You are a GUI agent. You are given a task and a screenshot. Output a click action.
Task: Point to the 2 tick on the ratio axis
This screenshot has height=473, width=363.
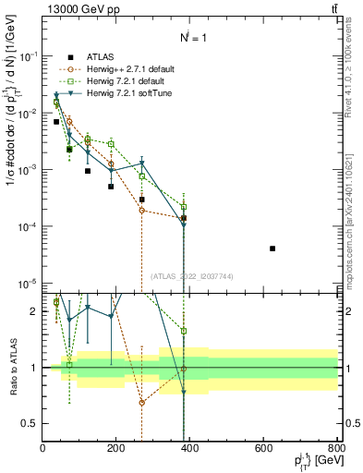pos(35,311)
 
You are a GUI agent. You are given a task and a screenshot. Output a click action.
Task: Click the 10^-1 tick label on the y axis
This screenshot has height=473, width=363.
pos(27,55)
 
